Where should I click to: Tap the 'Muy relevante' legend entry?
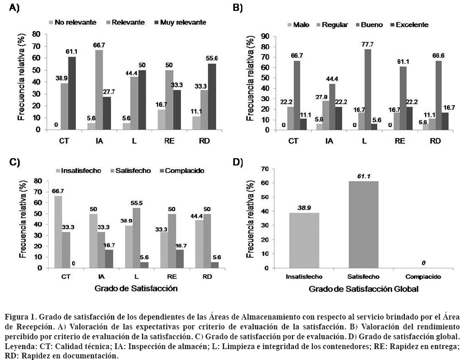pos(179,22)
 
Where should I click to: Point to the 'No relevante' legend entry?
pos(72,22)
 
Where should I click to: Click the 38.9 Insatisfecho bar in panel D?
pos(304,240)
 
